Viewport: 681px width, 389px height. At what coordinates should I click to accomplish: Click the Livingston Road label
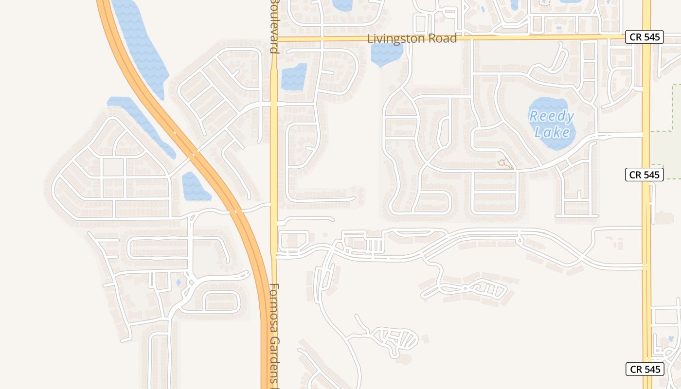(412, 38)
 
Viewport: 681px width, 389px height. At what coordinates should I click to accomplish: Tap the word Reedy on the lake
(552, 117)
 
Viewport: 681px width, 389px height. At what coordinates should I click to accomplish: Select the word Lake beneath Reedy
(552, 132)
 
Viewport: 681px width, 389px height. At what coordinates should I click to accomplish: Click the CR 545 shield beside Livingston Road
(644, 36)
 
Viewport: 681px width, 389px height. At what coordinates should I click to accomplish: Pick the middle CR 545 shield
(644, 175)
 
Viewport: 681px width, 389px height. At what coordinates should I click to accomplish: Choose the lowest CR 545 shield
(644, 369)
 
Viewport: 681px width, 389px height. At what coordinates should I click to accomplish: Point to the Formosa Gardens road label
(275, 336)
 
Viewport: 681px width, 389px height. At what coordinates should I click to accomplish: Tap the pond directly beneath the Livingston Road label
(387, 53)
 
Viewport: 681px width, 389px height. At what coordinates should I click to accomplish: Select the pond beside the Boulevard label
(294, 77)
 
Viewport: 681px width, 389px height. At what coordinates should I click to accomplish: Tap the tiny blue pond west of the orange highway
(179, 282)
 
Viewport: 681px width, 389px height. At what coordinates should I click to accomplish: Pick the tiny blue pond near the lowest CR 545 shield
(671, 338)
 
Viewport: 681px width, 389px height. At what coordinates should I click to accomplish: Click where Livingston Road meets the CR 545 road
(646, 36)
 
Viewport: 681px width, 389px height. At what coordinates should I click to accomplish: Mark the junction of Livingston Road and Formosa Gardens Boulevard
(274, 38)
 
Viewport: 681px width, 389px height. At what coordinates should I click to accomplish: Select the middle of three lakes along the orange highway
(141, 124)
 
